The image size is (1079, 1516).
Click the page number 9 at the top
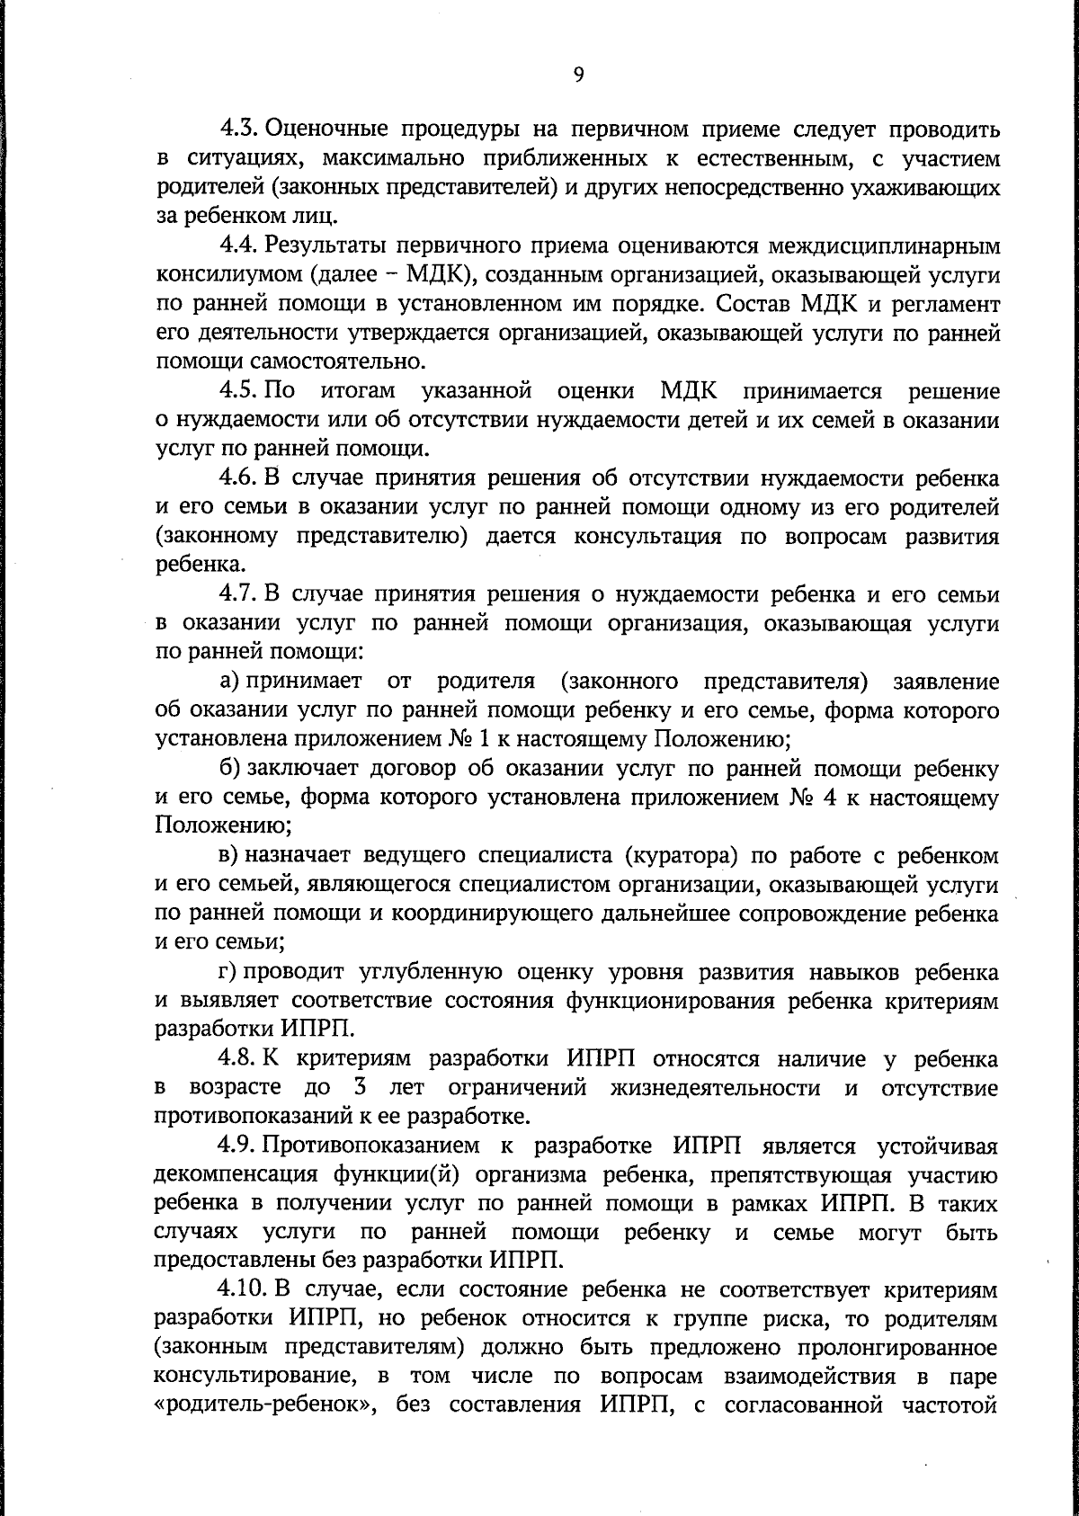coord(578,76)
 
